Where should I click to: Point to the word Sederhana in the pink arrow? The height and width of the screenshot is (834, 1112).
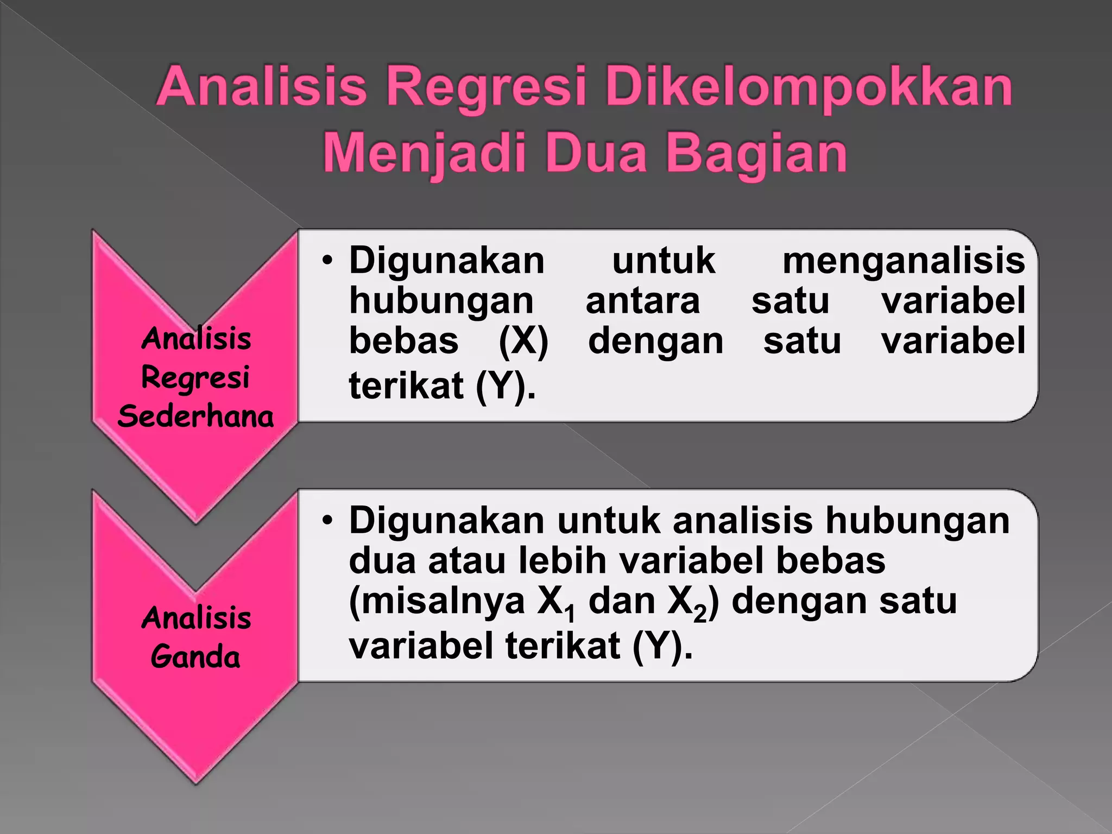[x=195, y=417]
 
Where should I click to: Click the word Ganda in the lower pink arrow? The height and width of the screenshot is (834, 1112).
[x=195, y=657]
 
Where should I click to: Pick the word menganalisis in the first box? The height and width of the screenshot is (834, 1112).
[x=903, y=261]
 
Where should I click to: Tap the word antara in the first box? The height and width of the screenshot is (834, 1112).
[x=643, y=301]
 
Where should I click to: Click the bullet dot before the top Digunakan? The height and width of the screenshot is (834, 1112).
[x=326, y=261]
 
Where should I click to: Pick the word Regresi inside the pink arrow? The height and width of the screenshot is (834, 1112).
[x=195, y=378]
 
